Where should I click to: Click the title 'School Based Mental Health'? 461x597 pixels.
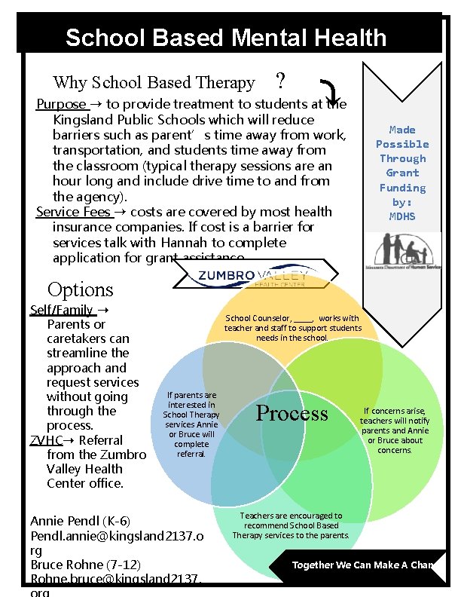click(226, 38)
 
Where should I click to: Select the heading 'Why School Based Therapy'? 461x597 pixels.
click(154, 82)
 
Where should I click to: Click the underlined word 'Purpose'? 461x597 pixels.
click(61, 104)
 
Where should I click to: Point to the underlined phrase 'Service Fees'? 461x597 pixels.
click(73, 212)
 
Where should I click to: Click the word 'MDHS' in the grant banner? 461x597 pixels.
click(402, 216)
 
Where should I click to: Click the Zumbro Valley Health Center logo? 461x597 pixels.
click(252, 277)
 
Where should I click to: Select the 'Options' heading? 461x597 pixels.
click(80, 289)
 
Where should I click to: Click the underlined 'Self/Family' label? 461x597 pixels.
click(62, 310)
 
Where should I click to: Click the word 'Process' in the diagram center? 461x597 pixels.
click(292, 413)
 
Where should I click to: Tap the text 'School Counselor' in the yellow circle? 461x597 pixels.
click(258, 319)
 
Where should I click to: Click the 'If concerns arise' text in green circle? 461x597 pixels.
click(395, 430)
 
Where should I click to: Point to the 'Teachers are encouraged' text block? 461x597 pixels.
click(291, 525)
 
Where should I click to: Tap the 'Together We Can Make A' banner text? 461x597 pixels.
click(362, 565)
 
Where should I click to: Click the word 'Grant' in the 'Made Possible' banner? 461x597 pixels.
click(402, 173)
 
